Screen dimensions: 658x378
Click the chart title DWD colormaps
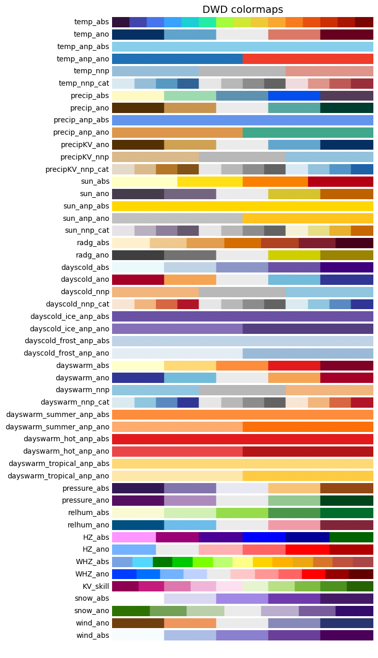click(242, 10)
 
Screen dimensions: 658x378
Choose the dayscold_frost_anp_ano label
click(66, 353)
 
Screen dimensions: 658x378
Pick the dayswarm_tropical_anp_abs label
click(59, 463)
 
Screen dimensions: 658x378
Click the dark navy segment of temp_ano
click(138, 35)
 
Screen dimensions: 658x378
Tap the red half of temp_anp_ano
click(308, 59)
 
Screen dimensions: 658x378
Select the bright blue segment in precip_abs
click(294, 96)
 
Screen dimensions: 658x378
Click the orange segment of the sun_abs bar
click(275, 182)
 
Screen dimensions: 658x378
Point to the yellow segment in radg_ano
click(294, 255)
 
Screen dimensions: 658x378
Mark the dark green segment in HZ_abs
click(351, 537)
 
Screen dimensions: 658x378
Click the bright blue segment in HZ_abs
click(264, 537)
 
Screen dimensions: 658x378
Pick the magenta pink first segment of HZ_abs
click(134, 537)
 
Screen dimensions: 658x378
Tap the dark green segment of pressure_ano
click(346, 501)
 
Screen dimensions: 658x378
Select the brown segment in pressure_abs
click(346, 488)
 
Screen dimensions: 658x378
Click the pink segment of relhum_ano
click(294, 525)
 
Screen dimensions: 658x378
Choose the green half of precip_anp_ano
click(308, 133)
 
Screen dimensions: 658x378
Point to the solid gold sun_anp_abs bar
click(242, 206)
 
